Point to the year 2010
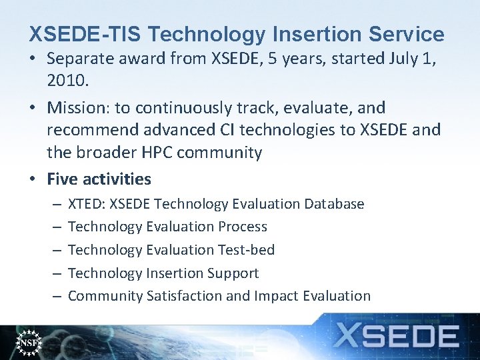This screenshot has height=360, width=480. (x=67, y=81)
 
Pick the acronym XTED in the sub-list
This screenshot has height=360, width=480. (x=85, y=204)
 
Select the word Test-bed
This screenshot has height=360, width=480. (x=246, y=250)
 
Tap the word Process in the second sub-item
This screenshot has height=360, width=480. (x=242, y=227)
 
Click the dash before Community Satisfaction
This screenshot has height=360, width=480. (x=57, y=296)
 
